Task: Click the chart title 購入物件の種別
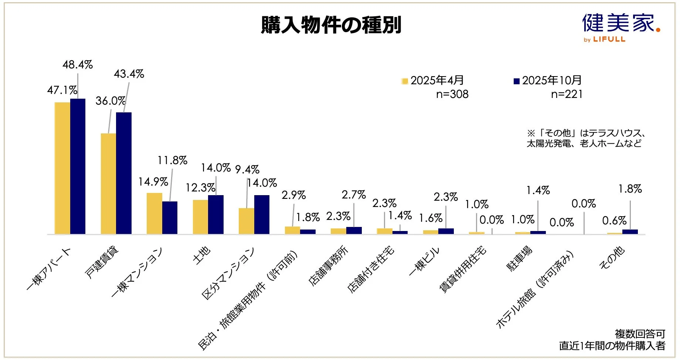click(x=331, y=25)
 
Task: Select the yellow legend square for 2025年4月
click(x=405, y=81)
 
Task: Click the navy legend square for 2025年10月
click(x=517, y=81)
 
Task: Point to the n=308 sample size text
click(x=452, y=94)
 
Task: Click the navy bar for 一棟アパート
click(x=78, y=166)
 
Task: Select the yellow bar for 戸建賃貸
click(x=108, y=184)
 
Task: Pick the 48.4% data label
click(x=78, y=65)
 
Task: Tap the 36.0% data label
click(x=110, y=101)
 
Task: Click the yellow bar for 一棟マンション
click(x=154, y=213)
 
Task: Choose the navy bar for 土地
click(x=216, y=214)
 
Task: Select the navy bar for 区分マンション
click(x=262, y=214)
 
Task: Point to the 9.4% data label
click(x=247, y=170)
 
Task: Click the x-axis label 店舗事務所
click(x=328, y=266)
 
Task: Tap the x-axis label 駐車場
click(x=519, y=259)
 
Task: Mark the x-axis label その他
click(x=612, y=258)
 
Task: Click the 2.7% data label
click(x=354, y=195)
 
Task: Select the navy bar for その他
click(x=630, y=232)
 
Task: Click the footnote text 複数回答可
click(x=640, y=334)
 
